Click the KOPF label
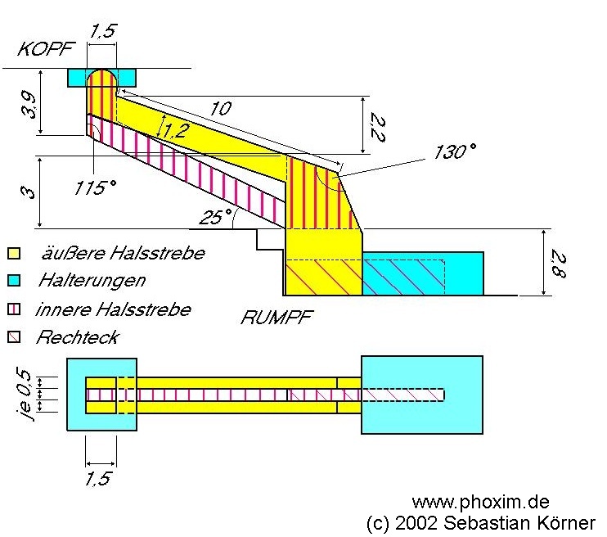tap(42, 49)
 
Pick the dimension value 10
tap(220, 108)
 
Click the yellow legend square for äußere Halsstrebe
tap(13, 254)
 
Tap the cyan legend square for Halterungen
tap(13, 281)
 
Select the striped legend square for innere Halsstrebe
tap(13, 309)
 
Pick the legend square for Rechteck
tap(13, 336)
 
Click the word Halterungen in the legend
tap(91, 281)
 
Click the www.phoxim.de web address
tap(479, 501)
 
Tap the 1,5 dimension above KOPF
tap(101, 31)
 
